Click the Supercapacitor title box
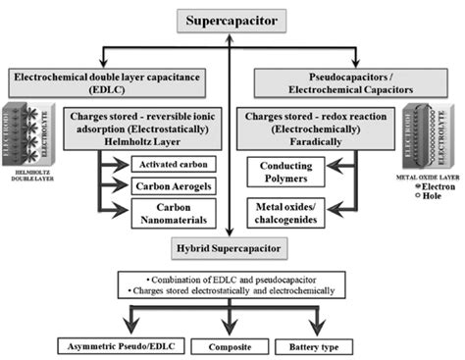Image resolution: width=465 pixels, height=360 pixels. click(x=231, y=20)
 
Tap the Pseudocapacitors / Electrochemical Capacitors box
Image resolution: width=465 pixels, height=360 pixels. click(x=351, y=81)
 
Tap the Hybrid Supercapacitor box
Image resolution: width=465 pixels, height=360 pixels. click(x=232, y=250)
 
